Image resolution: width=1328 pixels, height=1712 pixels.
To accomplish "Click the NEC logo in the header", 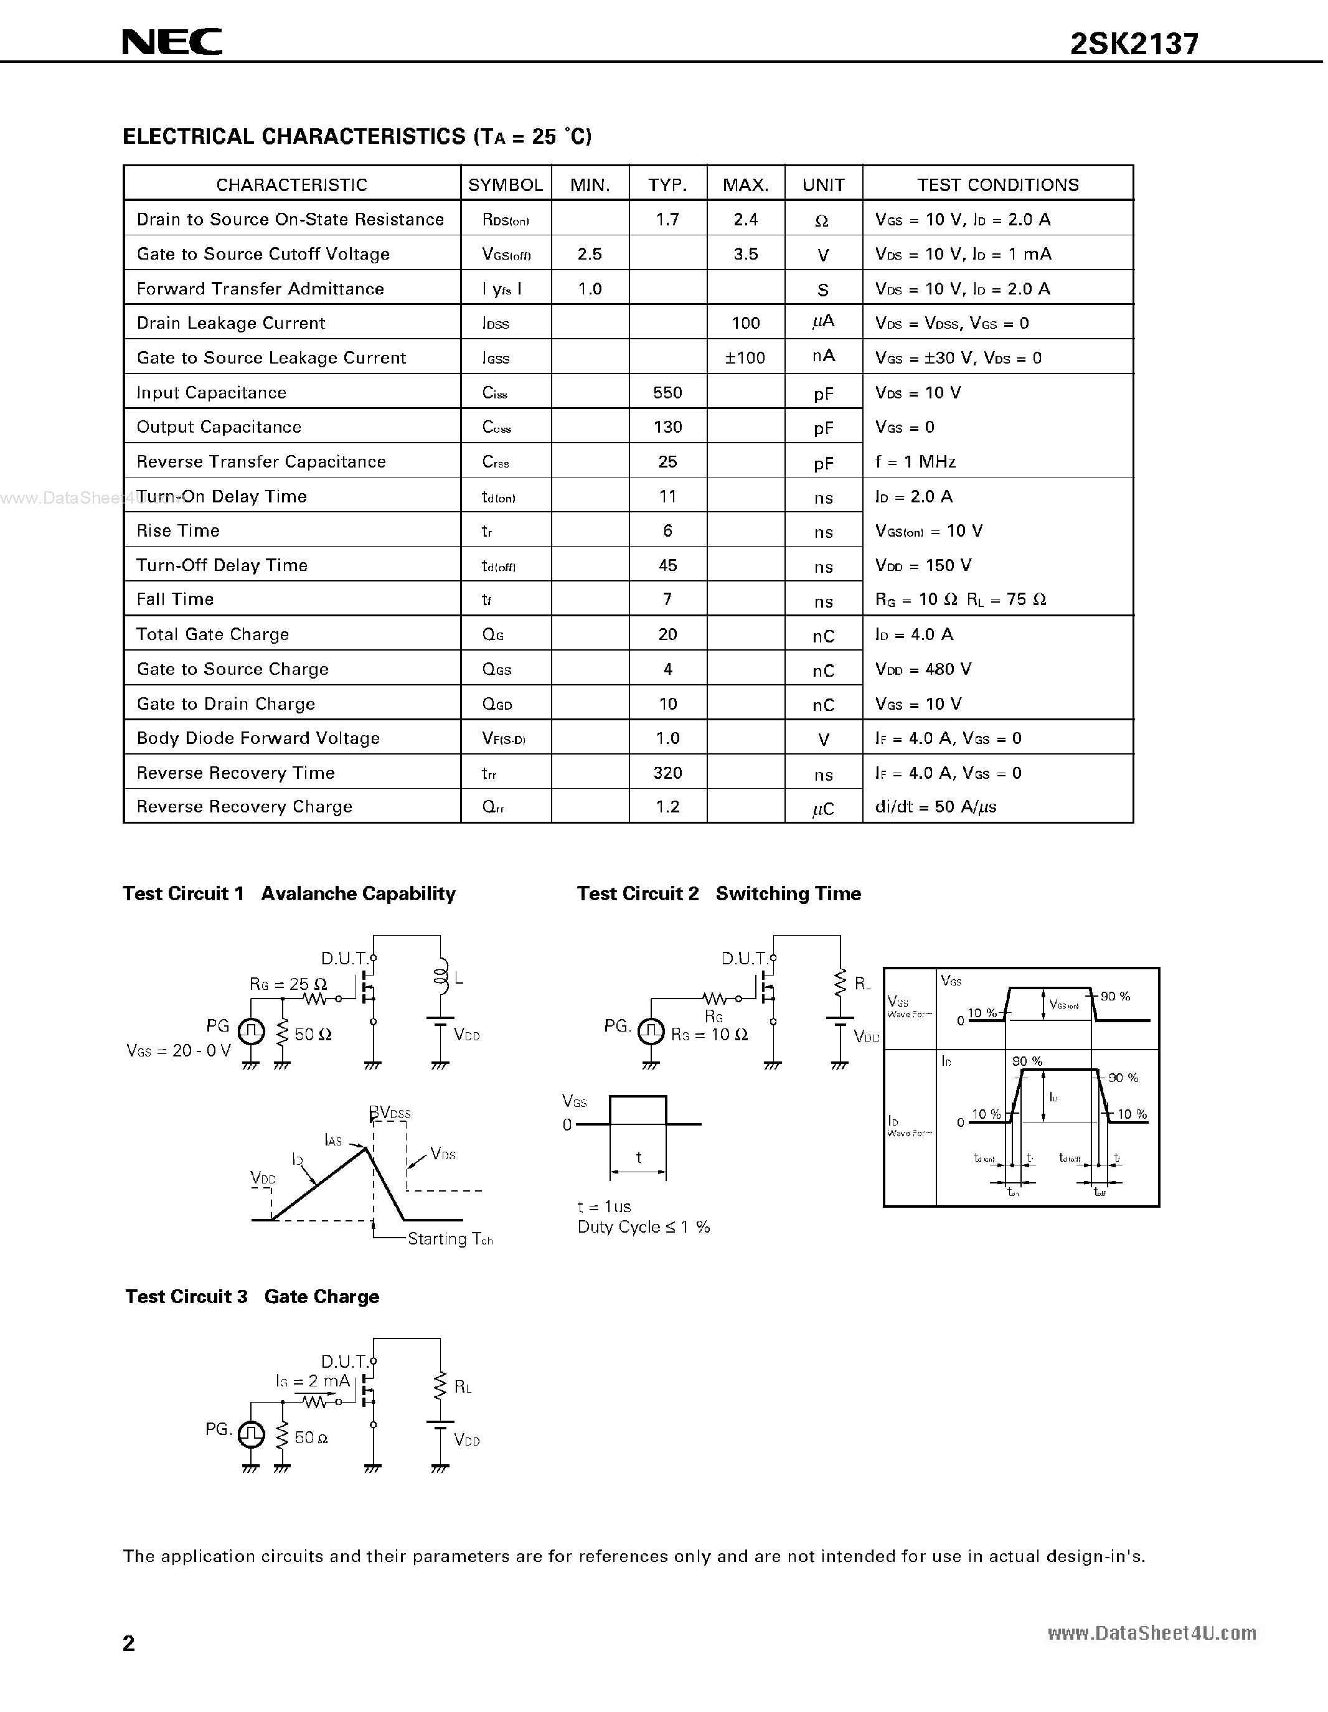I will pyautogui.click(x=172, y=42).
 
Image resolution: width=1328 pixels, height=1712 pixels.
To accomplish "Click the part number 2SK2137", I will pyautogui.click(x=1134, y=44).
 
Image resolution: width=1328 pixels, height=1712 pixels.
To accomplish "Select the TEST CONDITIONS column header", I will pyautogui.click(x=997, y=185).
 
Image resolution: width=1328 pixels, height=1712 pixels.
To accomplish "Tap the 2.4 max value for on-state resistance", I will pyautogui.click(x=745, y=220).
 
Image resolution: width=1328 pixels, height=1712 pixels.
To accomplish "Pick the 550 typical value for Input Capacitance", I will pyautogui.click(x=667, y=392).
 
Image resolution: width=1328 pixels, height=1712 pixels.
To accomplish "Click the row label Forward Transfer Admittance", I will pyautogui.click(x=260, y=288).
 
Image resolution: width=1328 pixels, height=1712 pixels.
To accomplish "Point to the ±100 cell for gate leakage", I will pyautogui.click(x=745, y=357).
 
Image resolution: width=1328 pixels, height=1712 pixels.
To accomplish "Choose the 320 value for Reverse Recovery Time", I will pyautogui.click(x=667, y=773).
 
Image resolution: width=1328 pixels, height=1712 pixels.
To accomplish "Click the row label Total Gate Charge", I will pyautogui.click(x=212, y=634).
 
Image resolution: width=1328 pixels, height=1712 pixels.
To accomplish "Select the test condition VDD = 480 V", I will pyautogui.click(x=923, y=669).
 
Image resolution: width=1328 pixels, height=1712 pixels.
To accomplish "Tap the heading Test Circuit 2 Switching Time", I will pyautogui.click(x=719, y=893).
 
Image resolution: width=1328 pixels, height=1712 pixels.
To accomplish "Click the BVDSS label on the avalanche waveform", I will pyautogui.click(x=390, y=1113).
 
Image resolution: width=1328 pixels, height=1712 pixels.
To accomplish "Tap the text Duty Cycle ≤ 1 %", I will pyautogui.click(x=644, y=1227).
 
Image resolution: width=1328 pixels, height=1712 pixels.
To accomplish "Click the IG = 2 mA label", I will pyautogui.click(x=312, y=1381).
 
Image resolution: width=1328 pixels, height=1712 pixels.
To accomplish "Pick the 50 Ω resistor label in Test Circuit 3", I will pyautogui.click(x=311, y=1437).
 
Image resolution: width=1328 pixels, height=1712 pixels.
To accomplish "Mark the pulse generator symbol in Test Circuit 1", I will pyautogui.click(x=251, y=1032).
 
